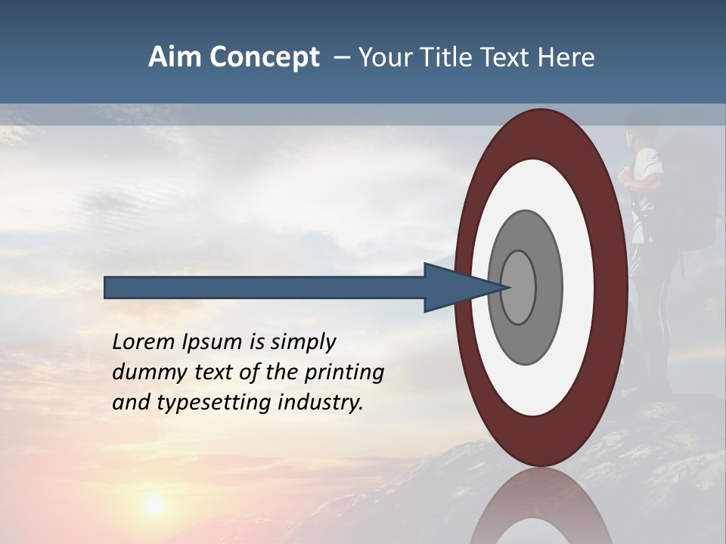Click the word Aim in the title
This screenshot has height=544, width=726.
175,57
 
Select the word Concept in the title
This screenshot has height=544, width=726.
265,57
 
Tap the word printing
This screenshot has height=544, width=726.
344,373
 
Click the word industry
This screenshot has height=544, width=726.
321,403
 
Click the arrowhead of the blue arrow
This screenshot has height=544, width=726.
461,288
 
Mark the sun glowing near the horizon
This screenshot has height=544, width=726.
155,505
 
